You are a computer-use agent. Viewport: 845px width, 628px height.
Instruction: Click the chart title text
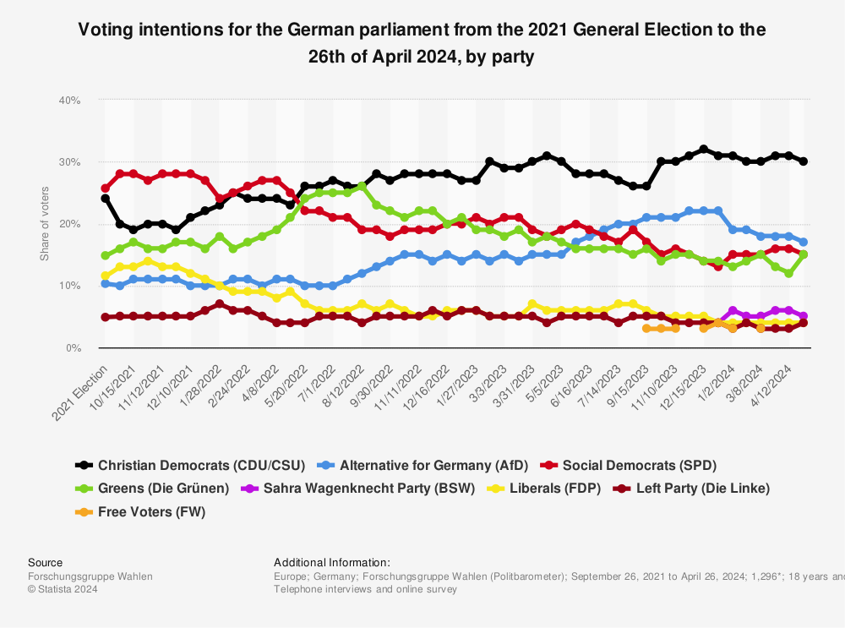click(x=422, y=43)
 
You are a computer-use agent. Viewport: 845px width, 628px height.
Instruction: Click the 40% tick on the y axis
click(x=69, y=100)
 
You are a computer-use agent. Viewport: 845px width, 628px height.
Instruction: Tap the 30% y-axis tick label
click(x=69, y=161)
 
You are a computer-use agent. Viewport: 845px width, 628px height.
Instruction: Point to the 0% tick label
click(x=72, y=347)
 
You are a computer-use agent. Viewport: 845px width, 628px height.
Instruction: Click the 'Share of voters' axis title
click(x=45, y=223)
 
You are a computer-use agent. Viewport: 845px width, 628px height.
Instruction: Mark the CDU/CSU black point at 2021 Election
click(x=106, y=199)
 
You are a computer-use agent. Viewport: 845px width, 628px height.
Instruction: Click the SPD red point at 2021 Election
click(x=106, y=188)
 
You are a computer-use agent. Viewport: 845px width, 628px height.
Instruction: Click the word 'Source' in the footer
click(x=45, y=562)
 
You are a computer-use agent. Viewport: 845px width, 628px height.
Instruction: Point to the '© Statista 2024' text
click(x=63, y=589)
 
